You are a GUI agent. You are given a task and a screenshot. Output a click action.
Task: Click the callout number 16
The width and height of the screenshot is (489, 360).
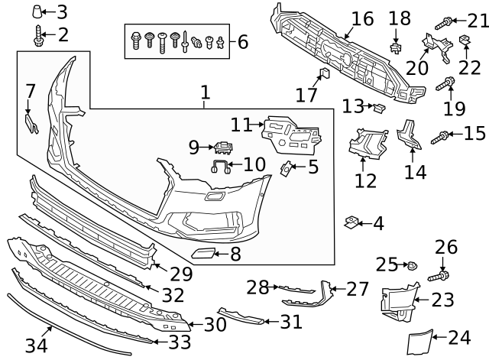click(363, 18)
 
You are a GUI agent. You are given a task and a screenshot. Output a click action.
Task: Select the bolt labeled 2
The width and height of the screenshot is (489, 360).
click(38, 34)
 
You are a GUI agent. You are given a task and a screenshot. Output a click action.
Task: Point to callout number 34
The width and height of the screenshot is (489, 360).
click(36, 345)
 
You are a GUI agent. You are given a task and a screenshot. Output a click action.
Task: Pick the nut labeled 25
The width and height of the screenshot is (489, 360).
click(412, 266)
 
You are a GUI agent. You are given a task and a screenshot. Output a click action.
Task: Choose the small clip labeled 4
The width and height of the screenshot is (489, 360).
click(352, 222)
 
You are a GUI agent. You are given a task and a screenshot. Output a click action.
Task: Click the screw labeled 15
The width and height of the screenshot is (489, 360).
click(442, 136)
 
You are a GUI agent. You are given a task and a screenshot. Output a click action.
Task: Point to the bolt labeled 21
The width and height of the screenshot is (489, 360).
click(446, 22)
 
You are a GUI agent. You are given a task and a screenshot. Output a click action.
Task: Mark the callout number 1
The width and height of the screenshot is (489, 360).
click(205, 94)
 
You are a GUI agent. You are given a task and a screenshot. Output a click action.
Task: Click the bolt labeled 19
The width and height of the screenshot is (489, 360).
click(445, 83)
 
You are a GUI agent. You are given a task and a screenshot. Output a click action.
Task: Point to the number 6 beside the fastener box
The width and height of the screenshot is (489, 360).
click(243, 41)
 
